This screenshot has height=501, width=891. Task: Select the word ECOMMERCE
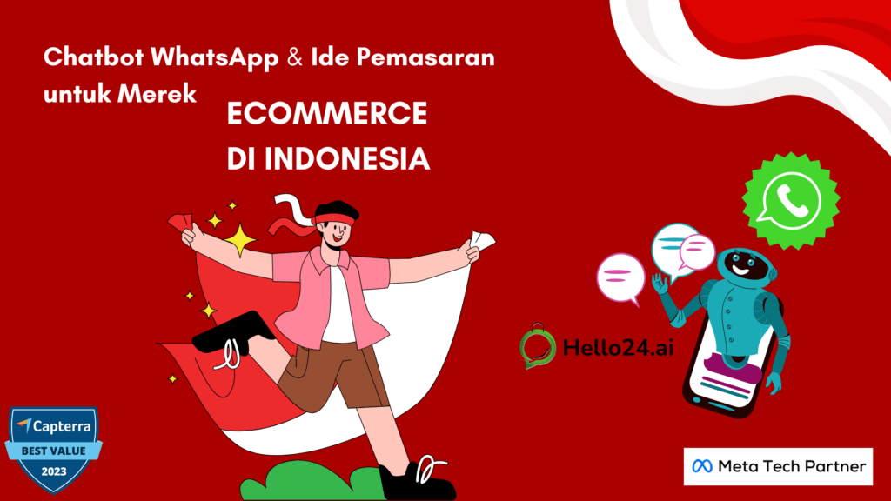pos(327,116)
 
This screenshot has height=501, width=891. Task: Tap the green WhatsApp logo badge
pos(792,201)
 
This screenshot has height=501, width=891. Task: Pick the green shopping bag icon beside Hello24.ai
pos(538,345)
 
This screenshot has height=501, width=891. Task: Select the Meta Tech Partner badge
pos(778,466)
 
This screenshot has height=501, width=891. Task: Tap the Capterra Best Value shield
pos(53,449)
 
